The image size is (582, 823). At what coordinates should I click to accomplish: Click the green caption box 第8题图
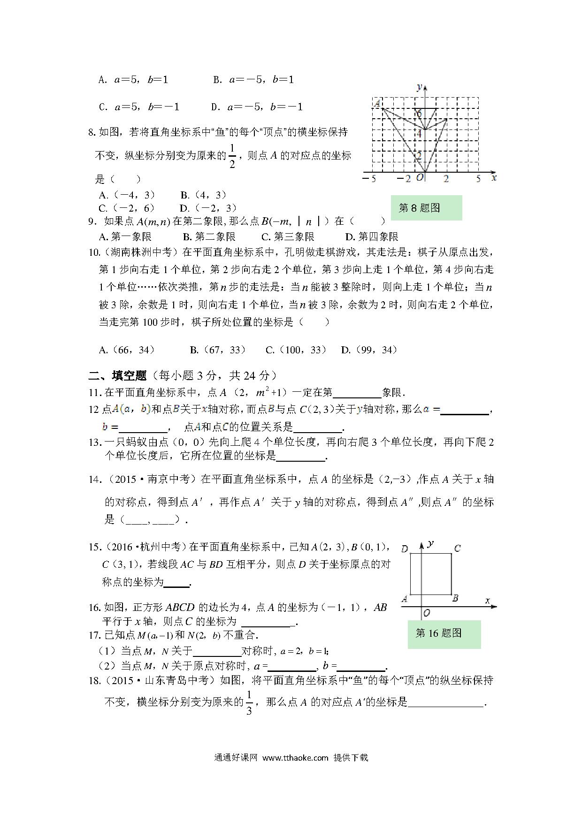(x=426, y=208)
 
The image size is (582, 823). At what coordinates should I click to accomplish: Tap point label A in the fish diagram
(x=376, y=104)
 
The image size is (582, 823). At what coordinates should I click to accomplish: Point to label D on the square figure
(x=405, y=549)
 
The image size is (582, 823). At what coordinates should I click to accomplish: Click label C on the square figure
(x=457, y=548)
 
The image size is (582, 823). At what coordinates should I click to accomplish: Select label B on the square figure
(x=455, y=598)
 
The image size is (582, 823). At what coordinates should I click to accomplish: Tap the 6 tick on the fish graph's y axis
(x=419, y=114)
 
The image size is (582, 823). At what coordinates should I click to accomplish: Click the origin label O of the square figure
(x=427, y=613)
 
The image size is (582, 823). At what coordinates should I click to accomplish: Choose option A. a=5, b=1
(x=133, y=80)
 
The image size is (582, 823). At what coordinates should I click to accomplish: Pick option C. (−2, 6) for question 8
(x=126, y=208)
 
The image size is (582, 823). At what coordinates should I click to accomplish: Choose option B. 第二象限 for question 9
(x=209, y=237)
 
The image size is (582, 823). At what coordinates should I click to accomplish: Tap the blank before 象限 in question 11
(x=357, y=393)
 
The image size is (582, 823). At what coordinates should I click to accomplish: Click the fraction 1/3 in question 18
(x=249, y=702)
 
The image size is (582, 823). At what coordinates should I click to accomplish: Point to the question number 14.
(x=95, y=480)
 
